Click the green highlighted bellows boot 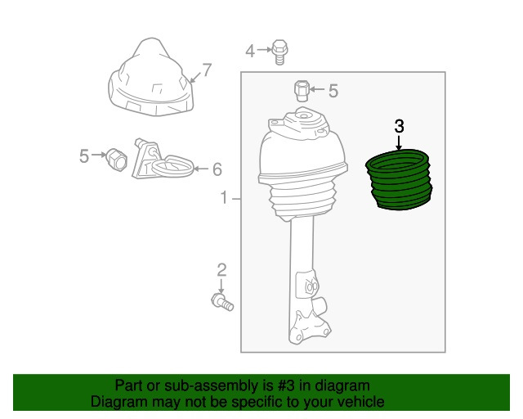point(399,180)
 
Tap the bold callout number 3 point(399,127)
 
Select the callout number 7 point(207,70)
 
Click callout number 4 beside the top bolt point(250,51)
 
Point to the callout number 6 point(217,169)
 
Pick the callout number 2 point(221,270)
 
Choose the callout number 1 point(224,197)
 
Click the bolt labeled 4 point(280,52)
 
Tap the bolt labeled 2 point(222,302)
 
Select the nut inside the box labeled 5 point(302,91)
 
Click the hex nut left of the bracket point(116,159)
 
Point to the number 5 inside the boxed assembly point(333,91)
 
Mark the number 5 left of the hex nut point(84,156)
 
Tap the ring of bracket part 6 point(172,166)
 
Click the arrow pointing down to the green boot point(399,142)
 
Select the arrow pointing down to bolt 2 point(221,286)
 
